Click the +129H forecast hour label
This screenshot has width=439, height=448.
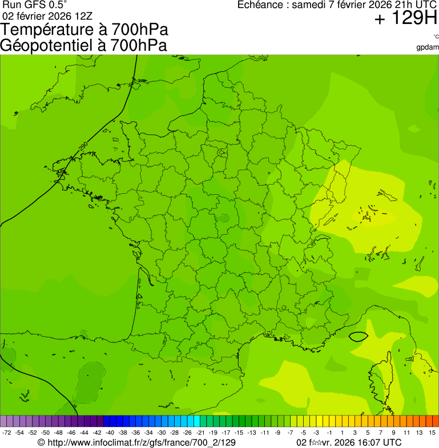click(406, 19)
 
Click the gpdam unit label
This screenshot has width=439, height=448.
click(428, 47)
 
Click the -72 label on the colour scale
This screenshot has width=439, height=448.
click(7, 433)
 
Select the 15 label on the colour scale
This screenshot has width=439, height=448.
click(432, 433)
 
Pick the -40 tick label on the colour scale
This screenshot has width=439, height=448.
click(110, 433)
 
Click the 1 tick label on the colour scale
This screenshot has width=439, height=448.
click(342, 433)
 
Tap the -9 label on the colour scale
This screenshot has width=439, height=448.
click(277, 433)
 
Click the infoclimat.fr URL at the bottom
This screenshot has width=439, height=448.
click(136, 442)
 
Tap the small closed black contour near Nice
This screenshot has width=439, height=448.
click(358, 336)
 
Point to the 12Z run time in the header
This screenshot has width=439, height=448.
click(82, 16)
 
